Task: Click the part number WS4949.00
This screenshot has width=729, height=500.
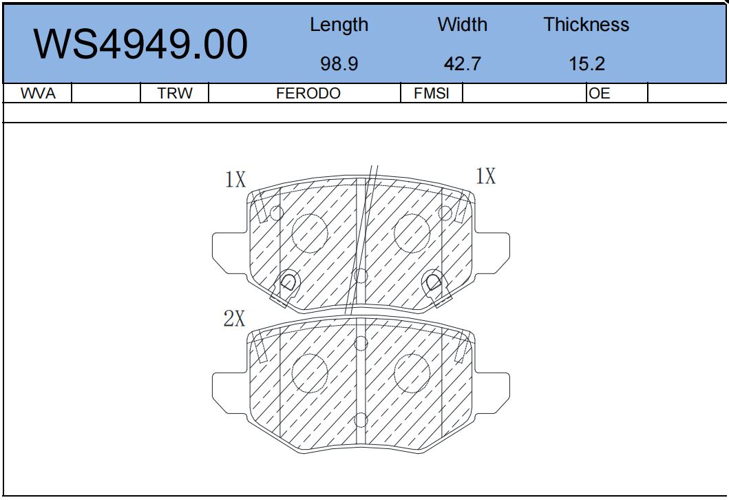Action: (140, 44)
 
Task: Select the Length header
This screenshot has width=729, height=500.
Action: (339, 25)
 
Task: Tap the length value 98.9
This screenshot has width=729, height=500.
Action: (339, 64)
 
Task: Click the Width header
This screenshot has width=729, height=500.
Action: (462, 24)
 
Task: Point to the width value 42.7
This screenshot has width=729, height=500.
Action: (462, 64)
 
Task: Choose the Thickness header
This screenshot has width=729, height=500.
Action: (587, 24)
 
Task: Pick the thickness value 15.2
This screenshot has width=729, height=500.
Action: (587, 64)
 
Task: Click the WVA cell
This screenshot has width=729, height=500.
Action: (38, 94)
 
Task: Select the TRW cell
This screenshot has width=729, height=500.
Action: (174, 94)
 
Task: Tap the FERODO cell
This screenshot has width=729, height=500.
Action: (308, 94)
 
